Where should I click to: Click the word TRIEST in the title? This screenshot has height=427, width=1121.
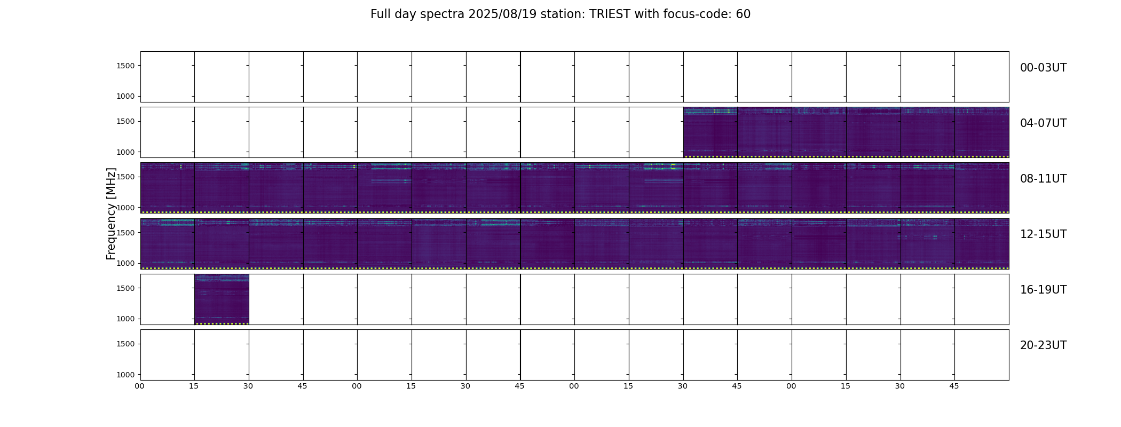609,14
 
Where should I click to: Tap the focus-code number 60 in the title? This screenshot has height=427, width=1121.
743,14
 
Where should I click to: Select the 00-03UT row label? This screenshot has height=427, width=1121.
1043,68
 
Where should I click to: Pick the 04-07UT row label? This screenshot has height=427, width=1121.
1043,123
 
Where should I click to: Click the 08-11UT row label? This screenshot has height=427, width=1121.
1043,179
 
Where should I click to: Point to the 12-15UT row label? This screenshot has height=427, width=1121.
1043,234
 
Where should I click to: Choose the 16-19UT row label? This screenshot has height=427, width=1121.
1043,290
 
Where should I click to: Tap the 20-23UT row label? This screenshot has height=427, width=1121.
1043,345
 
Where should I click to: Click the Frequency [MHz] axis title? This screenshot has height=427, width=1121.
111,213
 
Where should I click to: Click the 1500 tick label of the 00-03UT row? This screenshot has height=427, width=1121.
126,66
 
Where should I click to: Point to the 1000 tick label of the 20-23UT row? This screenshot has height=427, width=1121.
126,375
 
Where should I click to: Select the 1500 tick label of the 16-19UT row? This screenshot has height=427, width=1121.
126,288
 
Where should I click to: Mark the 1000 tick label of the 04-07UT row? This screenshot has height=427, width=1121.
126,152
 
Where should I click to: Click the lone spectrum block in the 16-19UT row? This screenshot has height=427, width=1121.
222,299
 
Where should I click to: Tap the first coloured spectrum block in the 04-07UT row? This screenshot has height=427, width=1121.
711,132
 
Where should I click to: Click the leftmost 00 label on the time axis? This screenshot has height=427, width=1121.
139,386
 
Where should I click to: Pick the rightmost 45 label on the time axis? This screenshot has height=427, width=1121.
954,386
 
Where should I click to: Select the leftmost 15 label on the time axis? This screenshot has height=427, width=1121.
194,386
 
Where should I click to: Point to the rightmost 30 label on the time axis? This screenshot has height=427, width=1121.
900,386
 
